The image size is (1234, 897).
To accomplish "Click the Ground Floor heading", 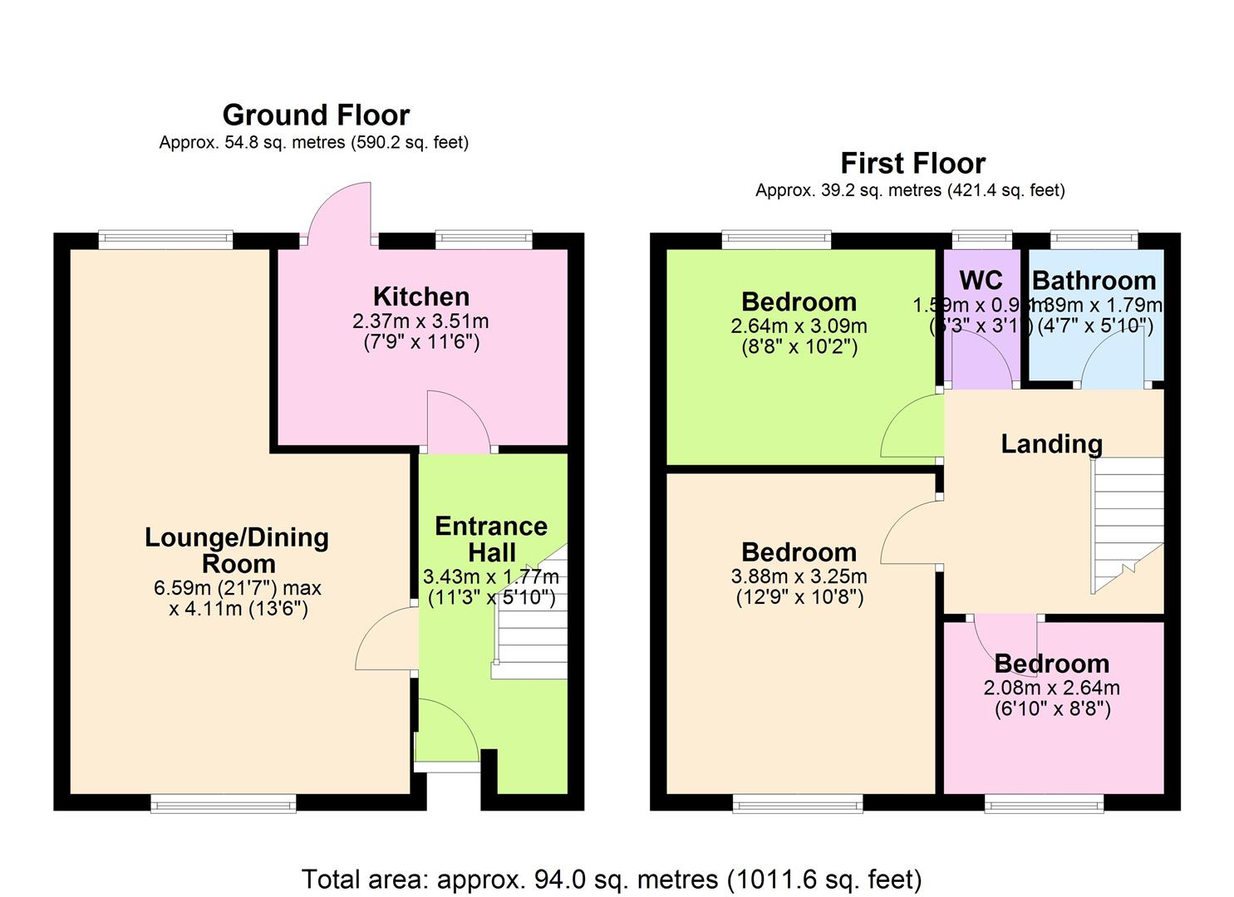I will pyautogui.click(x=316, y=115).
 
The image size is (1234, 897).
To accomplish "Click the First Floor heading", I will pyautogui.click(x=912, y=163).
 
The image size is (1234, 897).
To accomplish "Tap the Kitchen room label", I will pyautogui.click(x=421, y=297).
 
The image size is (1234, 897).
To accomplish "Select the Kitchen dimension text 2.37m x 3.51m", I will pyautogui.click(x=421, y=321).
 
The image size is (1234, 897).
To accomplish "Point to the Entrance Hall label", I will pyautogui.click(x=491, y=539).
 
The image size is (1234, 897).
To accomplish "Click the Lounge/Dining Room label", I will pyautogui.click(x=237, y=550).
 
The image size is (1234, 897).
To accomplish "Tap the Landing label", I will pyautogui.click(x=1051, y=444).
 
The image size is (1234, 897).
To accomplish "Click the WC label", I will pyautogui.click(x=981, y=280).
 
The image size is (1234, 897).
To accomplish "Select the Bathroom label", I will pyautogui.click(x=1094, y=281).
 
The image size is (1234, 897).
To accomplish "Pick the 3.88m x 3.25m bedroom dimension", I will pyautogui.click(x=799, y=576).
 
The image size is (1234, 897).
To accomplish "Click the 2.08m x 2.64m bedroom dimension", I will pyautogui.click(x=1051, y=688).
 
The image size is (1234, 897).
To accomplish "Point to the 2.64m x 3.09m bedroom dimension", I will pyautogui.click(x=799, y=326).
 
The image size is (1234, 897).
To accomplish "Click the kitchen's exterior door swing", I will pyautogui.click(x=339, y=213).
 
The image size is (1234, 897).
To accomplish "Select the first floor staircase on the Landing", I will pyautogui.click(x=1127, y=523).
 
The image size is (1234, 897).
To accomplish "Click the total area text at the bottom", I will pyautogui.click(x=611, y=879).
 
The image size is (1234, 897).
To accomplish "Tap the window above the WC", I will pyautogui.click(x=981, y=240).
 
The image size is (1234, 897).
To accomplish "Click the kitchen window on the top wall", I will pyautogui.click(x=484, y=240).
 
